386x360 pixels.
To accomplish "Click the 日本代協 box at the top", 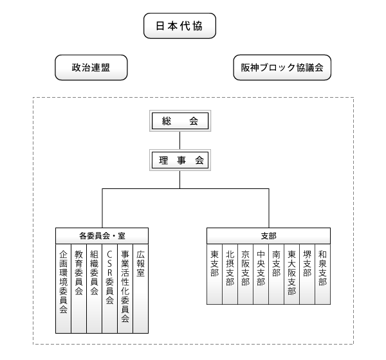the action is point(179,26).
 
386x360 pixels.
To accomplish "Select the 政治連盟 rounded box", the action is point(91,67).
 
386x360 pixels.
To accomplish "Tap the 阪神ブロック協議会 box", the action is point(282,67).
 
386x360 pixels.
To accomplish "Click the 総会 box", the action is point(180,121).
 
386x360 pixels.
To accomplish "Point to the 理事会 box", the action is point(180,160).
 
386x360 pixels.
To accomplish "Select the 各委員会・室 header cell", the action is point(102,236).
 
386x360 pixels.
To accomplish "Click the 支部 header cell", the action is point(268,236).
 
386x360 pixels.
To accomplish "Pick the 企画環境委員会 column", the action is point(63,289).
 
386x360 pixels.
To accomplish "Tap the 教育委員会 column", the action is point(78,289).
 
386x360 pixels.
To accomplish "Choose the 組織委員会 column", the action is point(95,289).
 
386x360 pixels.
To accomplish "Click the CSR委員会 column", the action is point(110,289).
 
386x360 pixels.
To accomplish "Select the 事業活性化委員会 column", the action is point(125,289).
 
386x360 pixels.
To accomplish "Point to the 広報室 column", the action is point(141,289).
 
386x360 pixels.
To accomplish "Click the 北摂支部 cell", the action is point(230,274).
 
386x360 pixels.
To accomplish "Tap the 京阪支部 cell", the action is point(246,274).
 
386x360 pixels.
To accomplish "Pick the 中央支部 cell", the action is point(261,274).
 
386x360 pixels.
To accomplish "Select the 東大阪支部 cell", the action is point(291,274).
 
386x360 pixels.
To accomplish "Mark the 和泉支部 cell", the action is point(323,274).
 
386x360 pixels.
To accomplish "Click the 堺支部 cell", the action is point(308,274).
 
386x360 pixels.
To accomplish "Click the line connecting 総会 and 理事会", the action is point(179,140).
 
